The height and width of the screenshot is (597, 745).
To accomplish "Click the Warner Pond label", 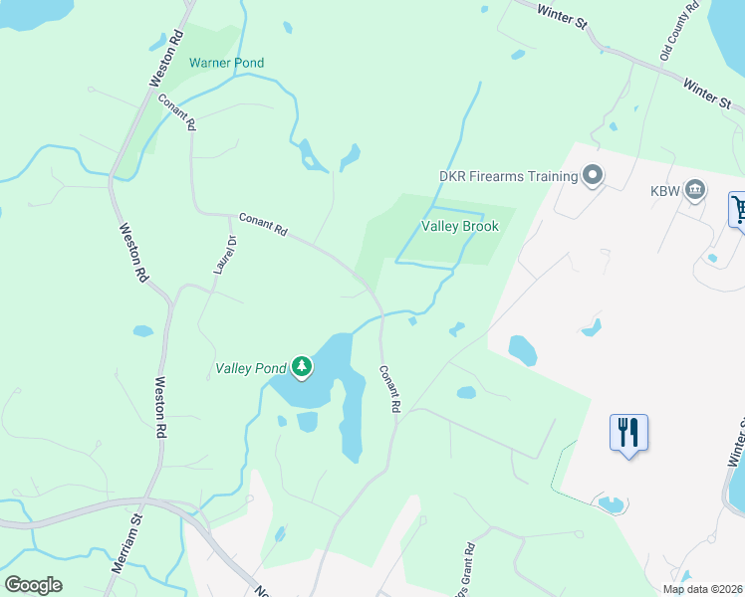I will (227, 63).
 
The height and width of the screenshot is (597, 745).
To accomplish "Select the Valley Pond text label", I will (251, 368).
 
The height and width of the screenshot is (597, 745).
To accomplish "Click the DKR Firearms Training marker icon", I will (594, 176).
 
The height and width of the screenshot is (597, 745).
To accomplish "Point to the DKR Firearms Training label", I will (509, 176).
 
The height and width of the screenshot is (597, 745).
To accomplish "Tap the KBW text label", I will (664, 189).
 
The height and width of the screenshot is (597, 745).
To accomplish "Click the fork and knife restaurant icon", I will (628, 433).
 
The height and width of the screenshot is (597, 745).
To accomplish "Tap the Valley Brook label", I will (459, 226).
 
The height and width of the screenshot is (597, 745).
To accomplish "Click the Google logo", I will (33, 585).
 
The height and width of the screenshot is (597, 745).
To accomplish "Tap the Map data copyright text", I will (702, 589).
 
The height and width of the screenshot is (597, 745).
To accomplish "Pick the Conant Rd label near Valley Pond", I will (388, 389).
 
